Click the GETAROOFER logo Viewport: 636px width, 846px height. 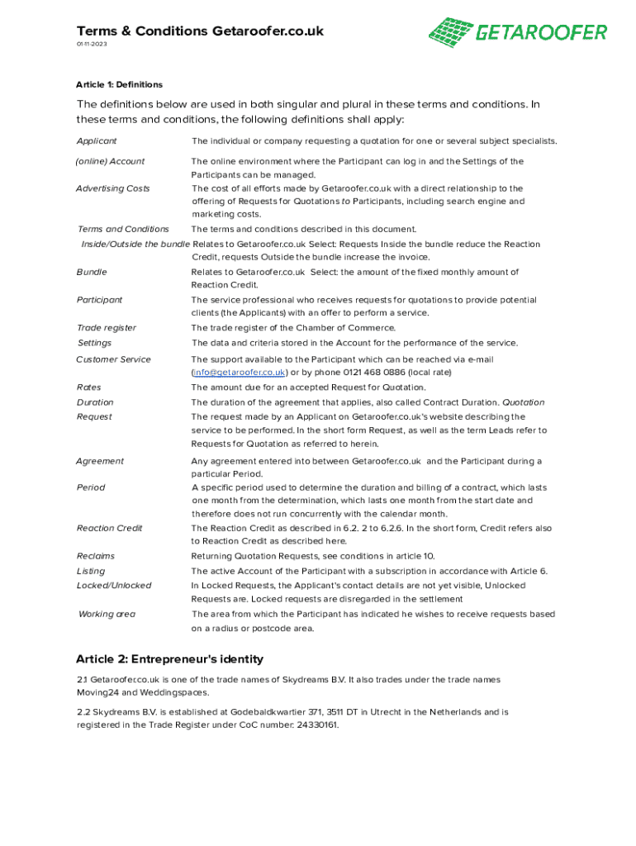tap(518, 32)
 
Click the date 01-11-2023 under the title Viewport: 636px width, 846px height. tap(92, 44)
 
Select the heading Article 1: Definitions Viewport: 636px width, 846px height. tap(119, 84)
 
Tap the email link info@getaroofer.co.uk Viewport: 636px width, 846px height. tap(239, 373)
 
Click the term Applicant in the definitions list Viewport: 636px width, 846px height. tap(96, 141)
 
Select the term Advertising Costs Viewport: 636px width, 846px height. tap(113, 188)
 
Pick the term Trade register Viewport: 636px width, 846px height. tap(106, 328)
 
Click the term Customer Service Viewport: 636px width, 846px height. tap(113, 359)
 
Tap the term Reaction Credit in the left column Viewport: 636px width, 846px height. tap(109, 528)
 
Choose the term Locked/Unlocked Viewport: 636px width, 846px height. tap(113, 585)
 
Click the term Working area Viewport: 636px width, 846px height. tap(107, 614)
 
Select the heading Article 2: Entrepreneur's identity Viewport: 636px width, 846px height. tap(169, 659)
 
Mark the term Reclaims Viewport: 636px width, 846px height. tap(95, 556)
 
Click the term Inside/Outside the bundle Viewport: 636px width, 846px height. tap(135, 245)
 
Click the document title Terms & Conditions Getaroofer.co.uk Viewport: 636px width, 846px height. tap(200, 31)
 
